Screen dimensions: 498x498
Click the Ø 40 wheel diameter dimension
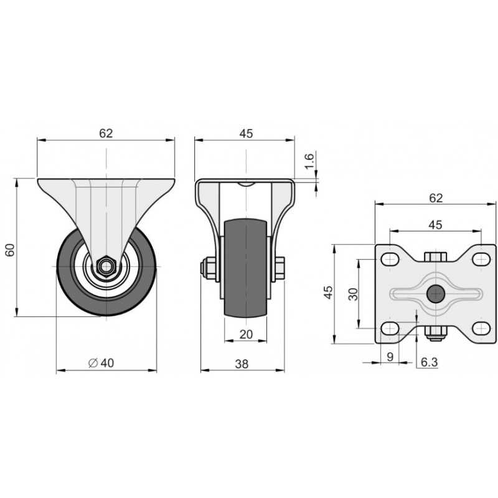(x=101, y=363)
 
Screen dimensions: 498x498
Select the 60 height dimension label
(x=11, y=250)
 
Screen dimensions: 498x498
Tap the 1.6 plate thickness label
(x=309, y=161)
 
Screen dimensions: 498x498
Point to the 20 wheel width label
(x=246, y=334)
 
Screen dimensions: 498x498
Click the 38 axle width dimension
(x=242, y=364)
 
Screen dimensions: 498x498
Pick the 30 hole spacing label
(x=353, y=294)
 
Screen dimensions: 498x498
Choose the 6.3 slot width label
(x=430, y=362)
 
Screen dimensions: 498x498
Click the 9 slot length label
(x=391, y=357)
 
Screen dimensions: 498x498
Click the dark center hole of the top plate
(x=435, y=294)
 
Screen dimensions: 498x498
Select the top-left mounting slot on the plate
(x=390, y=260)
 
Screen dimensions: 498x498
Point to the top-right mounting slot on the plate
(x=481, y=260)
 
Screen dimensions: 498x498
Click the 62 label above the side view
(x=106, y=133)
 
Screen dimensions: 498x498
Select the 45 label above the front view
(x=246, y=133)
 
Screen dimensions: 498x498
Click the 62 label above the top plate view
(x=436, y=198)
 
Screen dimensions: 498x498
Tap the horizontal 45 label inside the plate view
(x=435, y=225)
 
